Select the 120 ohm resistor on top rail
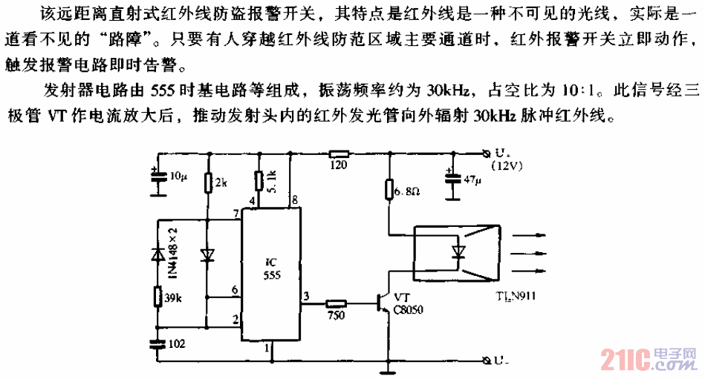pos(338,156)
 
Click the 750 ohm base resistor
pos(336,303)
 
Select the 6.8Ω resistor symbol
pos(388,191)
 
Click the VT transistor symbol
pos(382,303)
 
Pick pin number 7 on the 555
pos(235,214)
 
